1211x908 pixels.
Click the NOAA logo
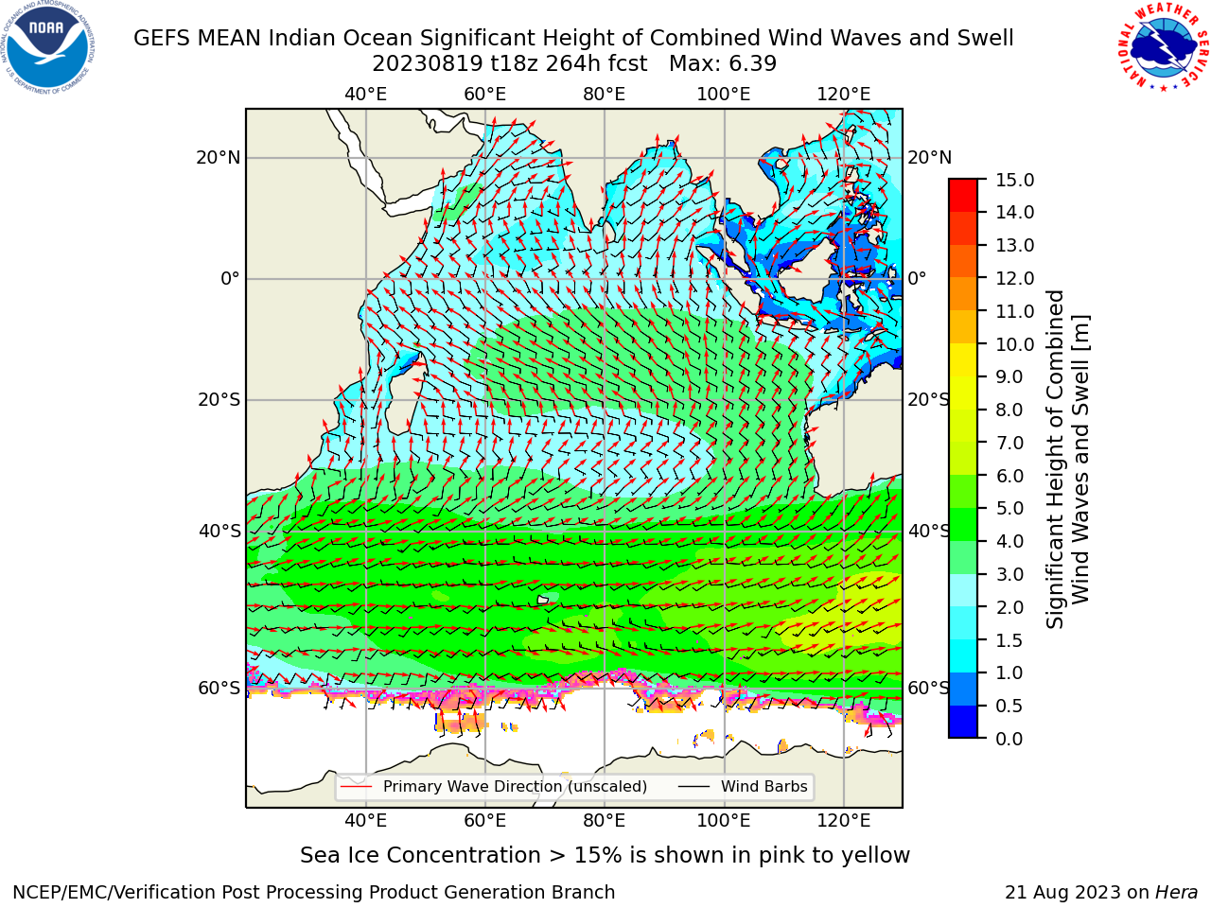(x=48, y=47)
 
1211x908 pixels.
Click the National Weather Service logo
(x=1164, y=46)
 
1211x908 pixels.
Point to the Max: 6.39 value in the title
(x=723, y=64)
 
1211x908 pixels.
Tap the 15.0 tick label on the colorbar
(x=1014, y=180)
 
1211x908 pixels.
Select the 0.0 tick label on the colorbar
(x=1009, y=739)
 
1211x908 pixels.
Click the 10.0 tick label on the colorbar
(x=1014, y=344)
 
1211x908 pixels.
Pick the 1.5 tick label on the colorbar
(x=1009, y=640)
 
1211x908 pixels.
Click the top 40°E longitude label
(x=366, y=95)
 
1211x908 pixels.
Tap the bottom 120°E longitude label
(x=844, y=821)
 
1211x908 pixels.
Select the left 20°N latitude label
(x=219, y=158)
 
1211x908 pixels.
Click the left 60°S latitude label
(x=219, y=689)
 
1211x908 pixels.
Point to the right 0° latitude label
(x=917, y=278)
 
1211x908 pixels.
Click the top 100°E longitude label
(x=724, y=95)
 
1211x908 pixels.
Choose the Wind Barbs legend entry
(x=743, y=787)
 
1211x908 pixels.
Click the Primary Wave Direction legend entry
(x=494, y=787)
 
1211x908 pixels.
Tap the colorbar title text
(x=1068, y=460)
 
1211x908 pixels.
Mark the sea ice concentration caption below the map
(x=605, y=856)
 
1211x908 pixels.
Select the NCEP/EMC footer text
(x=313, y=893)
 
